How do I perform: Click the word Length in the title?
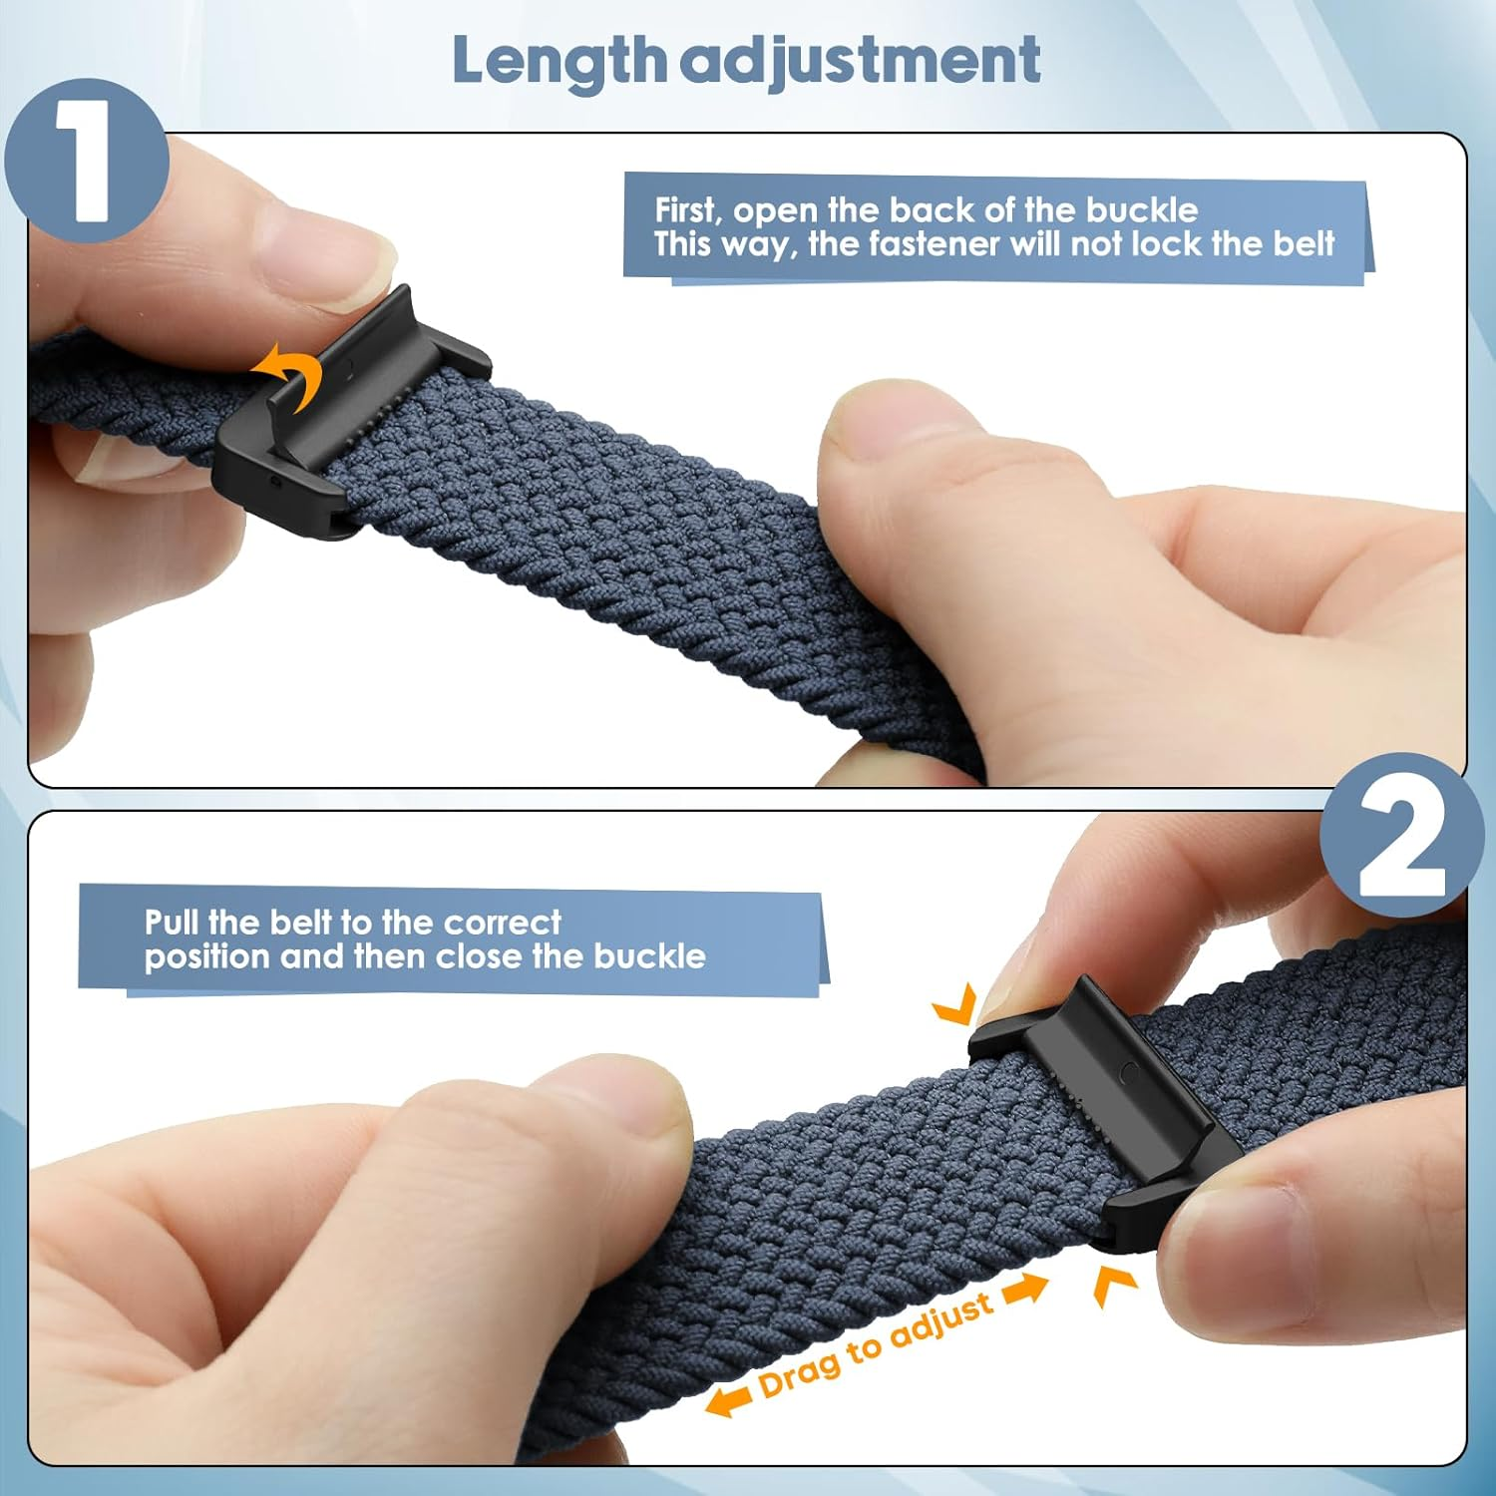(x=559, y=61)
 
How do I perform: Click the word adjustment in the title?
(x=862, y=61)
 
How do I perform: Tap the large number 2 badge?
(x=1401, y=836)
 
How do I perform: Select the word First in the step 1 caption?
(x=686, y=209)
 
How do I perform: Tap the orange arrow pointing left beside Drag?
(x=728, y=1400)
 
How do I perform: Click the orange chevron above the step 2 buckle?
(x=954, y=1005)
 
